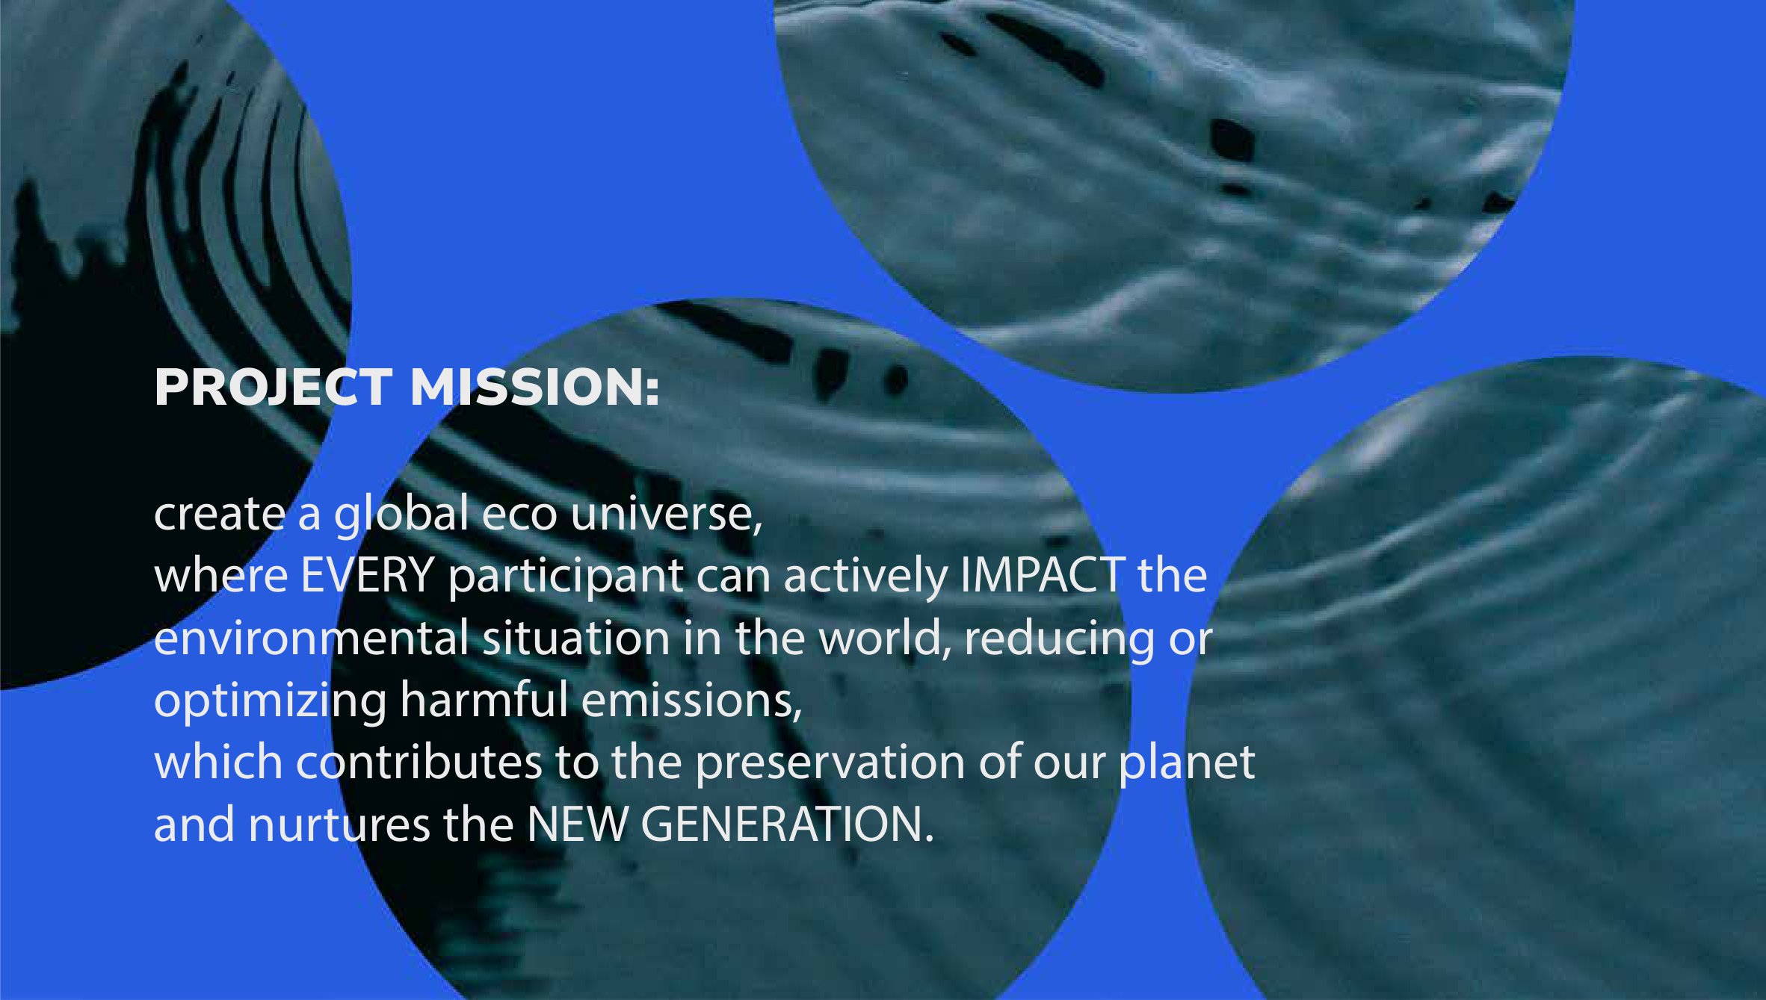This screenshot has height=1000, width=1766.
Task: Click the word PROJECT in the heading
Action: pos(273,388)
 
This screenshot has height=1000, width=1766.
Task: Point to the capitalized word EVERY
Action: pos(368,576)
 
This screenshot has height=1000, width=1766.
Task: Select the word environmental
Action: pos(311,638)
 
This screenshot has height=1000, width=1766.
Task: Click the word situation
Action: pos(576,638)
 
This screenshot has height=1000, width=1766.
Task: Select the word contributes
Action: pos(419,763)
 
